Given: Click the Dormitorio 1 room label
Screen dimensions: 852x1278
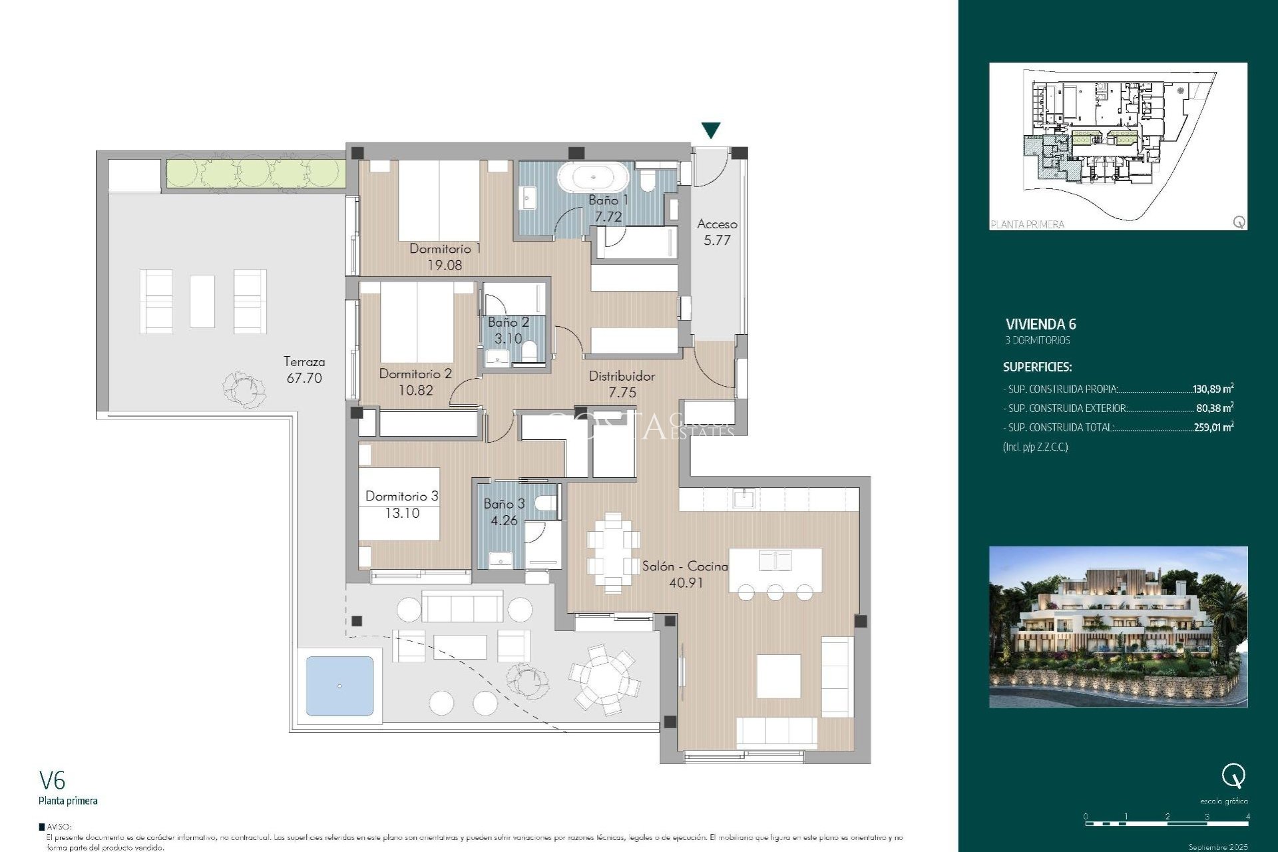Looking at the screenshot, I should click(445, 248).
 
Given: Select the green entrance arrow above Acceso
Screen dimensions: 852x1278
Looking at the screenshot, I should click(711, 130).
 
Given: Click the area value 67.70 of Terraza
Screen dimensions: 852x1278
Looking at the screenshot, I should click(304, 378).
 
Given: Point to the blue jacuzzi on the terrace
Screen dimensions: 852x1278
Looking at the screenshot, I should click(339, 686).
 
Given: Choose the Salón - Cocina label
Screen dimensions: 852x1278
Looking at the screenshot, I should click(684, 566).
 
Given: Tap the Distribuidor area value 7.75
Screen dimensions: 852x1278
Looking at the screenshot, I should click(622, 393).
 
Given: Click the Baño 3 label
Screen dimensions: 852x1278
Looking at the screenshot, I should click(504, 504).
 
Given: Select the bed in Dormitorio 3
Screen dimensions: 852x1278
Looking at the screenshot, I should click(399, 504).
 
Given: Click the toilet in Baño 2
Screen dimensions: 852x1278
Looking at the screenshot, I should click(530, 351).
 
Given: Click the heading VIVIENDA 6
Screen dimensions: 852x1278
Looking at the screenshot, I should click(1040, 325).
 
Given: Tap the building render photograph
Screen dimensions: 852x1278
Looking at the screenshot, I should click(1118, 626).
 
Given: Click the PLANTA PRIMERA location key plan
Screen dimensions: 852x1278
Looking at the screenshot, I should click(1118, 146).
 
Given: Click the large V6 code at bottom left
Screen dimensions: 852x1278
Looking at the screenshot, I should click(52, 780).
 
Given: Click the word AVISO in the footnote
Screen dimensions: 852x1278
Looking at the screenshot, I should click(59, 827).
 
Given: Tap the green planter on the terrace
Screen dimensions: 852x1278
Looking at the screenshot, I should click(256, 172).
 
